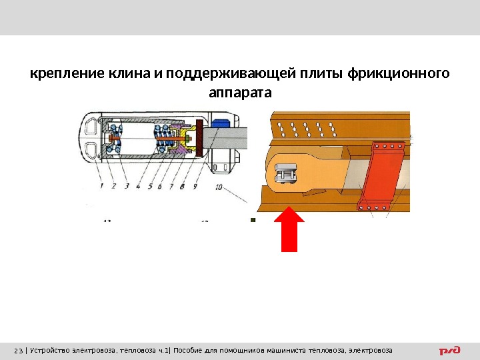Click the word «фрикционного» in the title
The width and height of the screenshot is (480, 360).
(x=398, y=73)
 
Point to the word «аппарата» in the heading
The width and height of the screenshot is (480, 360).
(x=240, y=93)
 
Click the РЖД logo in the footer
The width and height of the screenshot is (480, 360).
(x=449, y=350)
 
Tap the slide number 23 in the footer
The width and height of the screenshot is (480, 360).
(x=18, y=351)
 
